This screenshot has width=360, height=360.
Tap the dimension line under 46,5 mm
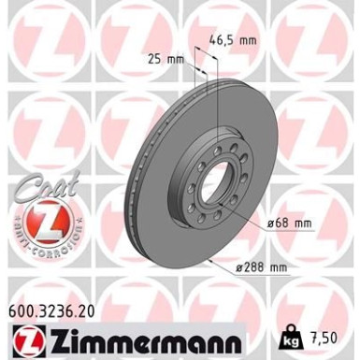pyautogui.click(x=209, y=54)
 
